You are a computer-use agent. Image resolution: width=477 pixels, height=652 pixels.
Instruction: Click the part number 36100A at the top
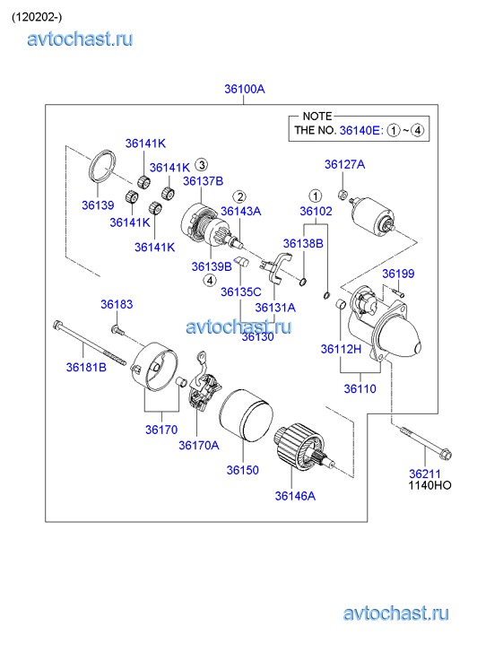point(245,89)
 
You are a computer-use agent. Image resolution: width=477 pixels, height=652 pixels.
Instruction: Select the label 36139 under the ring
point(98,205)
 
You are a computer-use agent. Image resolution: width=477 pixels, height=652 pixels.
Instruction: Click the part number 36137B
point(203,181)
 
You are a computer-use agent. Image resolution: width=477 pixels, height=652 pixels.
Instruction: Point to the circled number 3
point(202,165)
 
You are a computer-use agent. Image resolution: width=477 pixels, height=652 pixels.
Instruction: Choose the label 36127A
point(345,165)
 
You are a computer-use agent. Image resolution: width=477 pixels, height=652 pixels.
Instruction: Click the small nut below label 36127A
point(343,194)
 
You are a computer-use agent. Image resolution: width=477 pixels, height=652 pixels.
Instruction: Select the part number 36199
point(398,274)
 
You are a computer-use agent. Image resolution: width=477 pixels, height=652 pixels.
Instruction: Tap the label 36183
point(117,304)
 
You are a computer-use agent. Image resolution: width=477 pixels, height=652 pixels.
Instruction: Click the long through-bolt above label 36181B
point(90,343)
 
